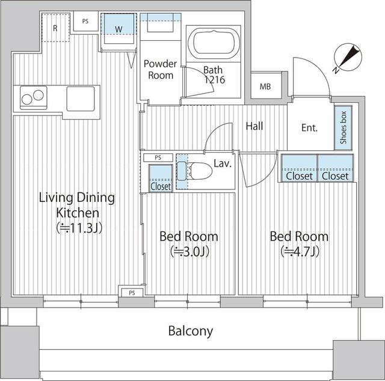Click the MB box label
pos(265,87)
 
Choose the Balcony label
pos(190,331)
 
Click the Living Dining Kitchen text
pos(76,212)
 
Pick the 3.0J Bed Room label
pos(188,243)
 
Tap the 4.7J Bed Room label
pos(298,243)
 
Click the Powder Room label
pos(161,70)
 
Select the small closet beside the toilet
pos(160,178)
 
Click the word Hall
pos(254,126)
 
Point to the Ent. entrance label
pos(309,128)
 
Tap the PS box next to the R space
pos(85,21)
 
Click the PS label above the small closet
pos(158,157)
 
